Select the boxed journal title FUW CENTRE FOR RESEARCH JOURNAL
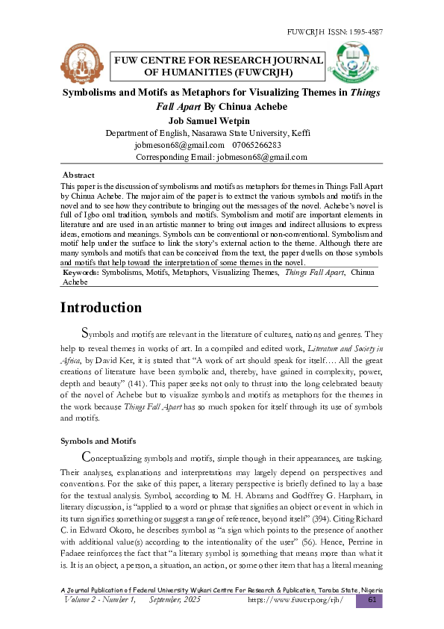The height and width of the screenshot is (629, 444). (x=218, y=61)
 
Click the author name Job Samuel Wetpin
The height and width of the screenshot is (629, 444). (x=210, y=121)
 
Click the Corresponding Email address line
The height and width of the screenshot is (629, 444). (x=222, y=157)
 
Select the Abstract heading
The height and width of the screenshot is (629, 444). (x=78, y=174)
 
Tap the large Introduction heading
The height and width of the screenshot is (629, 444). (x=101, y=308)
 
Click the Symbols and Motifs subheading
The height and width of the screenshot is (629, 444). (x=99, y=440)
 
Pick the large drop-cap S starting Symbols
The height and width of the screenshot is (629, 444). (x=85, y=332)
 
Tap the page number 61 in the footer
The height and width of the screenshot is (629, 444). (x=370, y=600)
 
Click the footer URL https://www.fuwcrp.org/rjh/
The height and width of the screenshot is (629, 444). (x=295, y=600)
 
